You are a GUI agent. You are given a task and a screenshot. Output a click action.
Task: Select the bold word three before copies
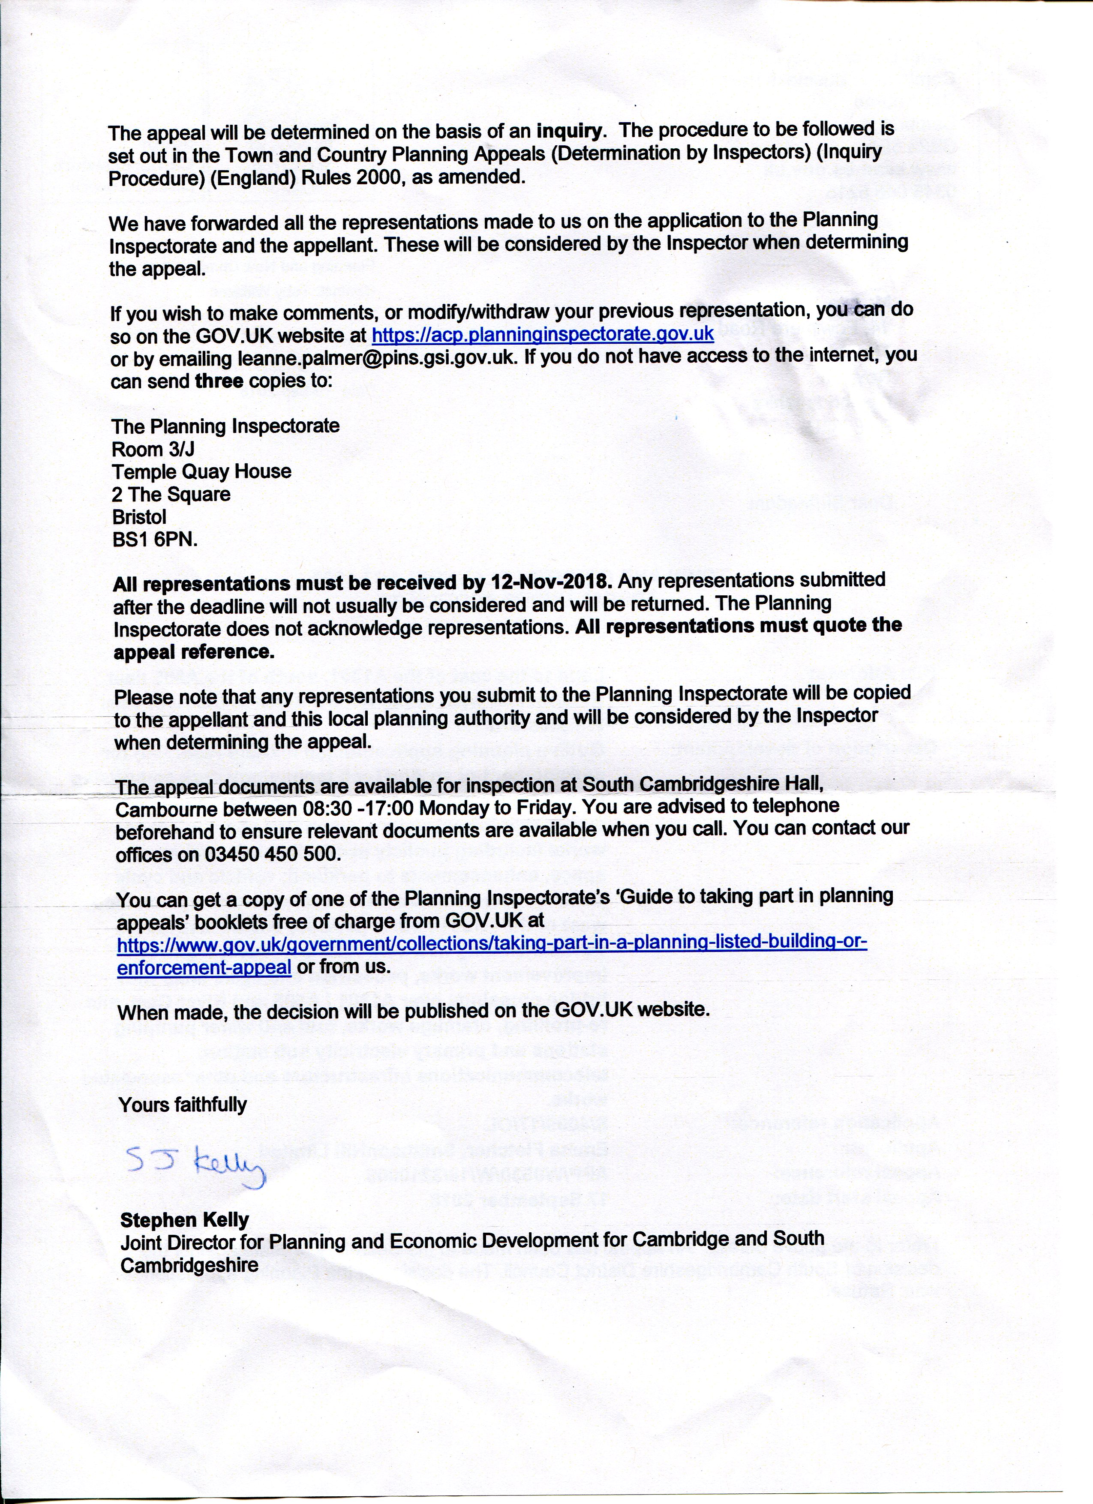pos(219,381)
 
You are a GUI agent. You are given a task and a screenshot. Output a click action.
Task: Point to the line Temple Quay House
pos(201,471)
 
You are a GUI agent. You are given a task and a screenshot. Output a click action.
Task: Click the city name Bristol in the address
pos(139,516)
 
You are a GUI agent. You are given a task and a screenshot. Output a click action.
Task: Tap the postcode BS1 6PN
pos(155,539)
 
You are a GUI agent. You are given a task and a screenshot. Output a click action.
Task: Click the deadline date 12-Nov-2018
pos(550,582)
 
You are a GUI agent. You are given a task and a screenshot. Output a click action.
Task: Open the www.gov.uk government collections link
pos(492,943)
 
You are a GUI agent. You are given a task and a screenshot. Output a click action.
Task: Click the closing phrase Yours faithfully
pos(183,1104)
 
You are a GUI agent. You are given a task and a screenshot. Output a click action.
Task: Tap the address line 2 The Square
pos(171,494)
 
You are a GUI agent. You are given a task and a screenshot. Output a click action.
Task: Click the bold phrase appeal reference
pos(194,652)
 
